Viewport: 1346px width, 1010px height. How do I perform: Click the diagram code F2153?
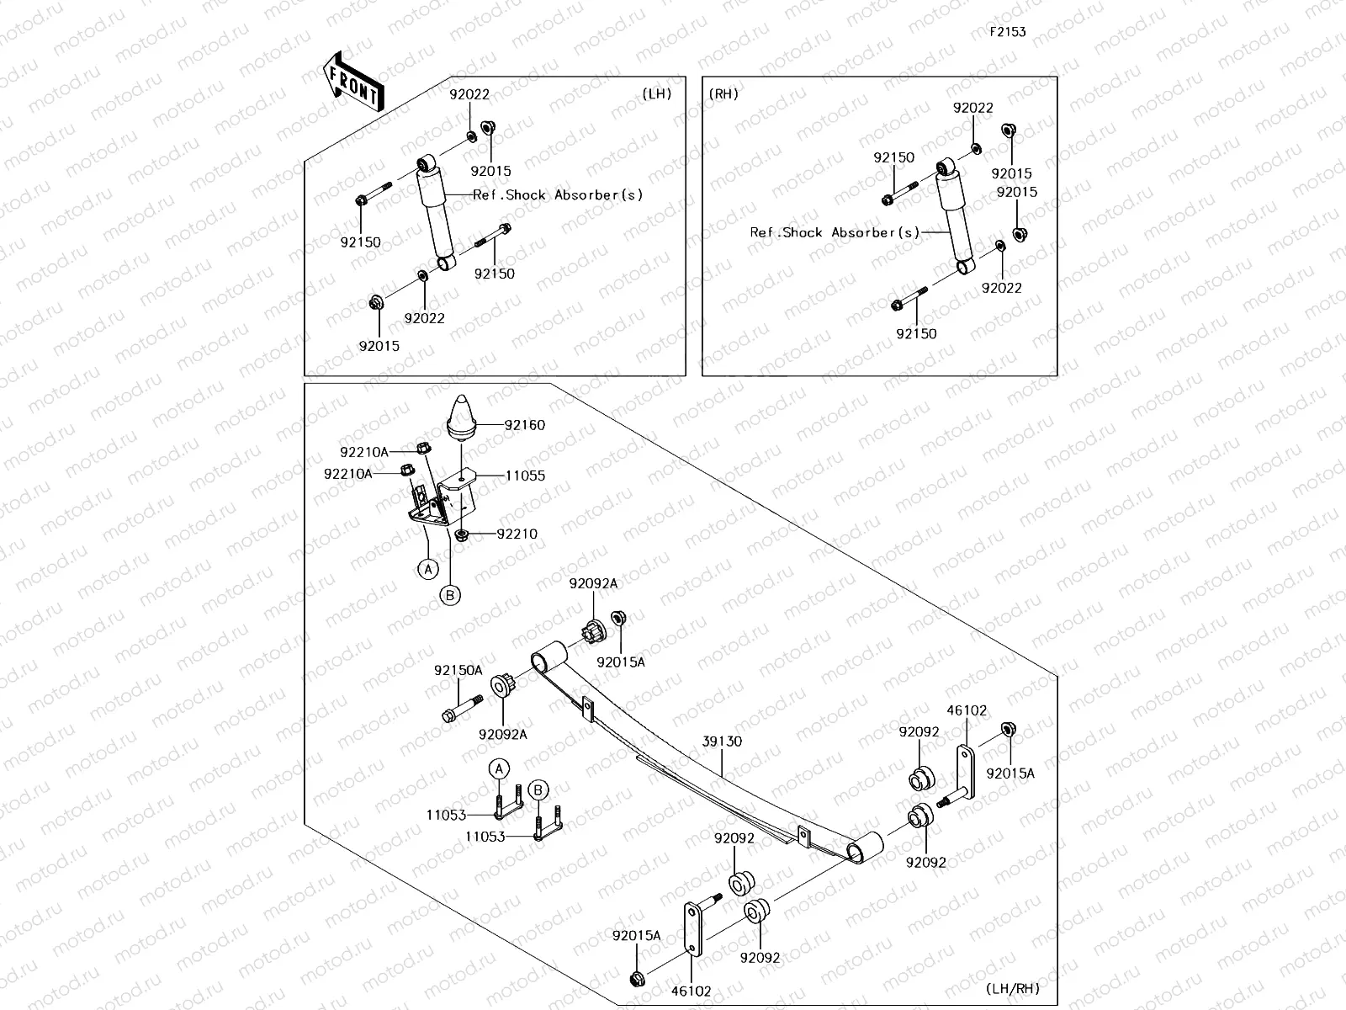coord(1007,32)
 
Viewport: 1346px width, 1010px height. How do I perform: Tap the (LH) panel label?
coord(657,93)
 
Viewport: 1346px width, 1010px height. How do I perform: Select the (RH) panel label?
coord(724,93)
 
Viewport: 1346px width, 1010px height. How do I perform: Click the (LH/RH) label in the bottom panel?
coord(1013,988)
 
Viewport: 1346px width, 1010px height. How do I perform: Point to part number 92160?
coord(525,425)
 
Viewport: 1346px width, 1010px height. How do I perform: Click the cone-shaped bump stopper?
coord(461,416)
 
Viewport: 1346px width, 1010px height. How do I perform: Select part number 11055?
coord(525,476)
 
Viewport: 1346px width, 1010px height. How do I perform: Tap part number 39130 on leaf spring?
coord(723,742)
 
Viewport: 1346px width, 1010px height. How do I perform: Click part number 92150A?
coord(458,671)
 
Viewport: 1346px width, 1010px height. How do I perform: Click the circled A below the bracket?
coord(428,570)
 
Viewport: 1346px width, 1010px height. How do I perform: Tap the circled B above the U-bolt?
coord(539,790)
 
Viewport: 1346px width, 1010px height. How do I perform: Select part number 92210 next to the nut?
coord(517,534)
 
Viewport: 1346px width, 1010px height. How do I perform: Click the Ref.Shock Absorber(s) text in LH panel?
coord(558,194)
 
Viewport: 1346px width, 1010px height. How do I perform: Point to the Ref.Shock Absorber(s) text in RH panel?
coord(835,232)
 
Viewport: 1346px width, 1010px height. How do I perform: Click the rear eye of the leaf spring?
coord(865,848)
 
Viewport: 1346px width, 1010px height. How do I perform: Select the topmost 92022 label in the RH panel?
coord(972,108)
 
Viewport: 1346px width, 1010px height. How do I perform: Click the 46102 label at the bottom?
coord(692,991)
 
